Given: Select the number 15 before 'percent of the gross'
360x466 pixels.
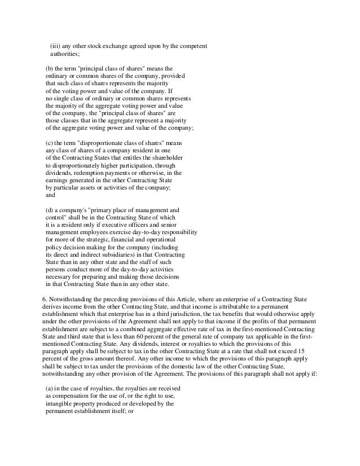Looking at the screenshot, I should coord(309,350).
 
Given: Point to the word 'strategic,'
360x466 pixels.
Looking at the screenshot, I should coord(116,239).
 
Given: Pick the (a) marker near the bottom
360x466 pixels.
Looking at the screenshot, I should coord(49,388).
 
